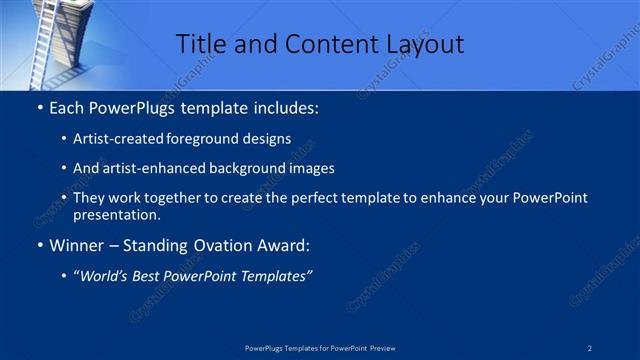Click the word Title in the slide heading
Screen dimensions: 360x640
point(200,44)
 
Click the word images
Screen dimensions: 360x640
point(309,168)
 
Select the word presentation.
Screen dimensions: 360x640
point(116,214)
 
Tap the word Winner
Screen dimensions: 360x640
point(76,245)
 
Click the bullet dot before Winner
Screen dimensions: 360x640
point(38,245)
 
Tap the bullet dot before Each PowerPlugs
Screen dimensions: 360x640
point(38,105)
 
